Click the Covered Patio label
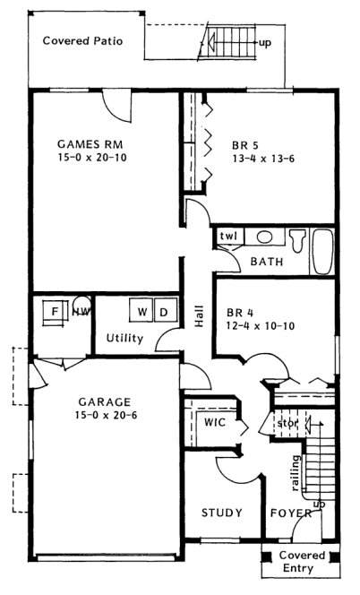click(82, 41)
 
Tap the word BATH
click(267, 263)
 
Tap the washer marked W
click(142, 312)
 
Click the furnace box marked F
click(55, 312)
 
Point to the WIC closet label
click(213, 421)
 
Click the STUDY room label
click(220, 513)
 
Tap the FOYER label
click(291, 513)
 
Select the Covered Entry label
click(300, 562)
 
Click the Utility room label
click(124, 338)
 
